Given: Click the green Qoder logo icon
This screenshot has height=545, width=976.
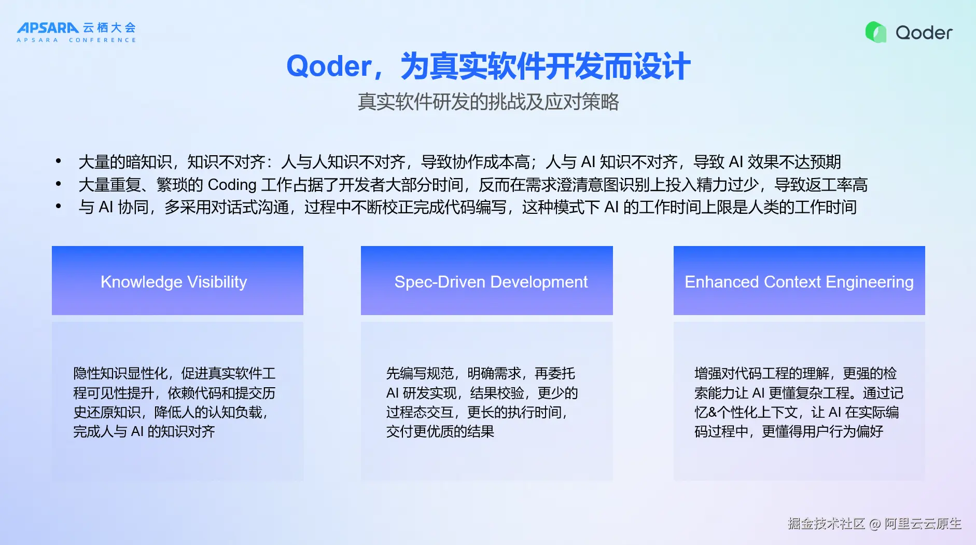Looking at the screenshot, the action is click(x=876, y=32).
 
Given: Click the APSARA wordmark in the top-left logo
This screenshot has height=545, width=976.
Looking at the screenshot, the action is click(x=48, y=28).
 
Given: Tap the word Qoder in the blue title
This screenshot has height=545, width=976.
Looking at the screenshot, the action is click(x=329, y=66).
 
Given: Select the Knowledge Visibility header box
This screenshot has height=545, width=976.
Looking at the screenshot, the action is click(x=177, y=280).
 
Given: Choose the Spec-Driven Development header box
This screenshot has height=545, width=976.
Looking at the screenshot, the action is click(x=487, y=280).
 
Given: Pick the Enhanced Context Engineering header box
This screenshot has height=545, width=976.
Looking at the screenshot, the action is click(x=799, y=280).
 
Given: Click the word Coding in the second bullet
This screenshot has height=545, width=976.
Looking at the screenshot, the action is click(x=232, y=185).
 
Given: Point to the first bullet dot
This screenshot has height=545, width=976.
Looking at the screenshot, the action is click(x=59, y=161).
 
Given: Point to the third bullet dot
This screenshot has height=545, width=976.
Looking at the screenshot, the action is click(x=59, y=206).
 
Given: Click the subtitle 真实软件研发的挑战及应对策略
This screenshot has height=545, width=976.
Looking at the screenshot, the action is click(x=488, y=102).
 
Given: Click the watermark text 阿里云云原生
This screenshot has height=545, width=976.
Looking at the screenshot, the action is click(x=923, y=523).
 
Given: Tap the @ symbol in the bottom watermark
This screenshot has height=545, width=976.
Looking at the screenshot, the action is click(x=875, y=524).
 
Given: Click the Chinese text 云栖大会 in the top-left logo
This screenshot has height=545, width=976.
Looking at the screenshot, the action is click(x=109, y=28).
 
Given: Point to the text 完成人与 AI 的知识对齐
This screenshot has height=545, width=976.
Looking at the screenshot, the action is click(x=144, y=431).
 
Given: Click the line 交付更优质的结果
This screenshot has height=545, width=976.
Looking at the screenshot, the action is click(x=440, y=431).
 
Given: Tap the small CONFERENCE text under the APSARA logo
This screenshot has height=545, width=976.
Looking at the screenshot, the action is click(x=103, y=40).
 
